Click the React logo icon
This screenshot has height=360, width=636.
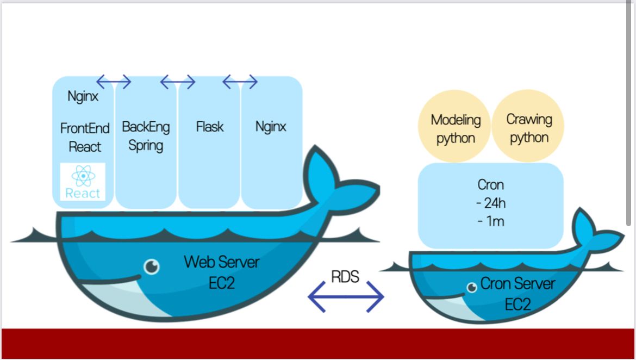pos(83,182)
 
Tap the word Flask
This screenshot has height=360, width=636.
pos(210,127)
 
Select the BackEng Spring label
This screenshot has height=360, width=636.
pos(146,136)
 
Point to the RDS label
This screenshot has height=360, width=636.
pos(345,277)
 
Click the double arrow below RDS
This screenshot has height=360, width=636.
pos(346,297)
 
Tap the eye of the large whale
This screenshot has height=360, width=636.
pos(152,266)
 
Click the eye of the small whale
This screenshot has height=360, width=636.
pos(471,287)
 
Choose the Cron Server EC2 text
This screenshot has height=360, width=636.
pos(517,294)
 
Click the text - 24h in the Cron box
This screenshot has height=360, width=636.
pos(490,203)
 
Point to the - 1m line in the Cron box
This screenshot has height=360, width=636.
pos(490,221)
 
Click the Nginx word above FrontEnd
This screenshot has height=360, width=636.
pos(83,97)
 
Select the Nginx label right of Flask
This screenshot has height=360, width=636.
pos(271,127)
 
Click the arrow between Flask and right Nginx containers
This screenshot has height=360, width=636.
pos(240,82)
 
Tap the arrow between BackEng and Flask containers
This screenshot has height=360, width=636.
pos(178,82)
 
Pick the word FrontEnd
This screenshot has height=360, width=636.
pos(85,128)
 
